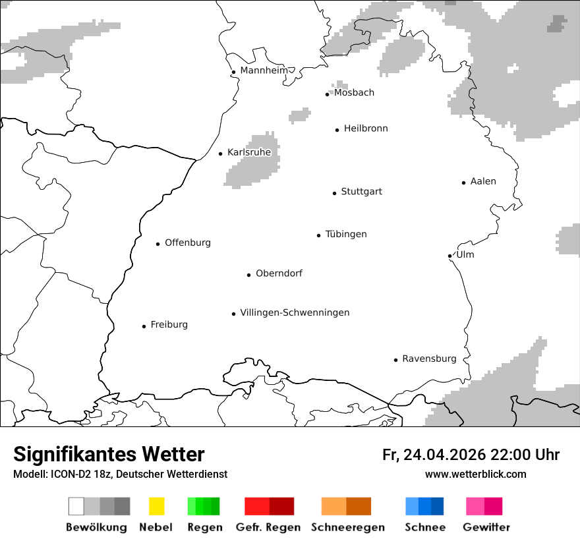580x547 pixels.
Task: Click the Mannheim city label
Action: coord(264,71)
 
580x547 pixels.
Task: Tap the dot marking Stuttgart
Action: coord(334,193)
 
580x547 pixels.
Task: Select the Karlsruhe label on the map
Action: coord(249,152)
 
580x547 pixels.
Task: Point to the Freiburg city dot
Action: coord(144,326)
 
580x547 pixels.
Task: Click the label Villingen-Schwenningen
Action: coord(295,312)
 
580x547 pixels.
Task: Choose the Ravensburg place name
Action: coord(429,359)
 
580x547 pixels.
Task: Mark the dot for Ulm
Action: coord(449,256)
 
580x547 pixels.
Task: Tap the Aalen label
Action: coord(483,181)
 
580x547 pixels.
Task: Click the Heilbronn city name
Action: coord(366,129)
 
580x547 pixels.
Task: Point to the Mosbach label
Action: coord(354,92)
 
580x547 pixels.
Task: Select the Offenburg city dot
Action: coord(158,244)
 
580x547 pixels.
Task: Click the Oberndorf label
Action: coord(279,273)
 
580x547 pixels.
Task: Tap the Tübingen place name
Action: coord(346,234)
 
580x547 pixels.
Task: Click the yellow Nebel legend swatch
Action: coord(156,506)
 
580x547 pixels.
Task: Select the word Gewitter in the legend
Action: coord(486,527)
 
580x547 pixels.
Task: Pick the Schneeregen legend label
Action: coord(348,527)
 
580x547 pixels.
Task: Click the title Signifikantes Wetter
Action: coord(109,454)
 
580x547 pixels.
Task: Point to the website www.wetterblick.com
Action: coord(475,474)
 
